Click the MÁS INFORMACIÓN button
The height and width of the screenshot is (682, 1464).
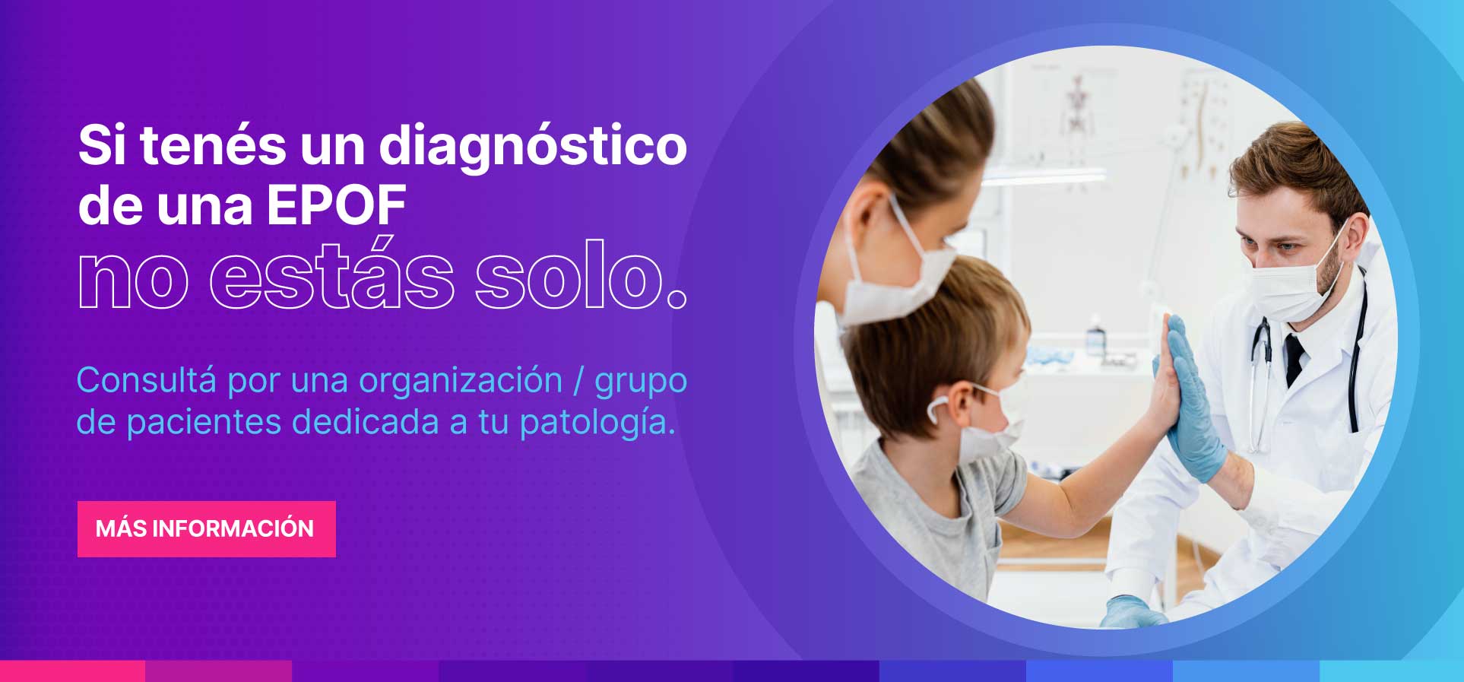[x=206, y=528]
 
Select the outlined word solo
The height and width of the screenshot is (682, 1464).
[x=581, y=277]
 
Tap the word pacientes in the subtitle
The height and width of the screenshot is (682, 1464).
[x=204, y=423]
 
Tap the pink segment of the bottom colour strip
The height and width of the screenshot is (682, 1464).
[x=72, y=671]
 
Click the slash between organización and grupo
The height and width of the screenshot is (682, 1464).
[x=578, y=380]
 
